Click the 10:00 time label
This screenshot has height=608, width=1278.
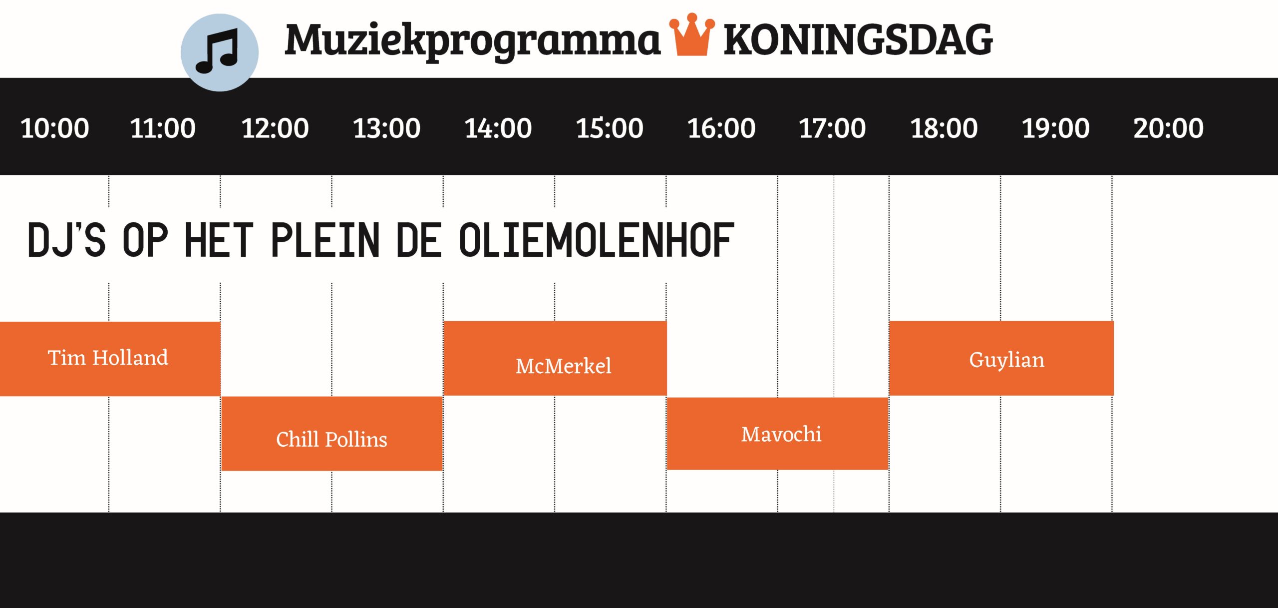(x=55, y=128)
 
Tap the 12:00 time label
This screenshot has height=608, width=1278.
(x=275, y=128)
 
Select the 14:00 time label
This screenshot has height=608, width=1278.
(x=498, y=128)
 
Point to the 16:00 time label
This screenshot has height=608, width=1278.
(x=721, y=128)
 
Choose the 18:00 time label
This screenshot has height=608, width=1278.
(x=944, y=128)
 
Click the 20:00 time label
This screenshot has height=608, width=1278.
(x=1169, y=128)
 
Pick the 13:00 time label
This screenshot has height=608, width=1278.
(x=387, y=128)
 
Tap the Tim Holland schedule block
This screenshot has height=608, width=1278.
(x=110, y=359)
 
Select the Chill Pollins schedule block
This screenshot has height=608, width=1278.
(x=332, y=434)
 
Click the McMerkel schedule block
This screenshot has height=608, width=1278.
(x=555, y=358)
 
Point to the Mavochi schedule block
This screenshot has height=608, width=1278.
(x=777, y=434)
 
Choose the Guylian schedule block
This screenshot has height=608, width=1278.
(x=1001, y=358)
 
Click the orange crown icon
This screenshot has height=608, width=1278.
(x=692, y=35)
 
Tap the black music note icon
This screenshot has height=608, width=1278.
(x=218, y=51)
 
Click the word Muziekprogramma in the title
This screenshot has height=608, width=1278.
(x=473, y=41)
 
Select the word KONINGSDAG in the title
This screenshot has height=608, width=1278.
(x=858, y=40)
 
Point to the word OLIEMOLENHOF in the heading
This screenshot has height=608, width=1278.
(x=597, y=240)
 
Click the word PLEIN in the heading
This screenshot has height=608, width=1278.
(x=325, y=240)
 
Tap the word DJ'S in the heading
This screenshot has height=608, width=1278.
(x=67, y=240)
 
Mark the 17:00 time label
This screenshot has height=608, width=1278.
(x=832, y=128)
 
